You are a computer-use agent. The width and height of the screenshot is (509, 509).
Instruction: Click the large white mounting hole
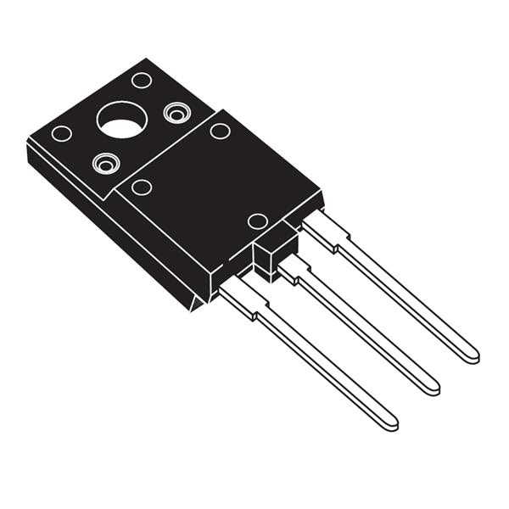(122, 120)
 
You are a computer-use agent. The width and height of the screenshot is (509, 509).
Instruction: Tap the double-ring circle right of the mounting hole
(176, 111)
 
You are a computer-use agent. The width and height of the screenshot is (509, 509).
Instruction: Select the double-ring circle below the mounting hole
(106, 162)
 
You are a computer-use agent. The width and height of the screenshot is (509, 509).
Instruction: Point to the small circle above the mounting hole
(142, 80)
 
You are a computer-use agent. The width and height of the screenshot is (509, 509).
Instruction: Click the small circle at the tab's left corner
(61, 133)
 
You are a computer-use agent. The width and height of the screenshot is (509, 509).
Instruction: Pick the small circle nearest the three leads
(257, 221)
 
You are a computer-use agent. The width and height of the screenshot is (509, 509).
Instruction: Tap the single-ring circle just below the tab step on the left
(142, 187)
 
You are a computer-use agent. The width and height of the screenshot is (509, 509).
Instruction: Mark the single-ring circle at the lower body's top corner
(220, 131)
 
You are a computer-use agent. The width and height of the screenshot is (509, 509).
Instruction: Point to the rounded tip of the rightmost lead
(468, 353)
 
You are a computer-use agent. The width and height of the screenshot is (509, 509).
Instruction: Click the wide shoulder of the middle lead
(296, 271)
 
